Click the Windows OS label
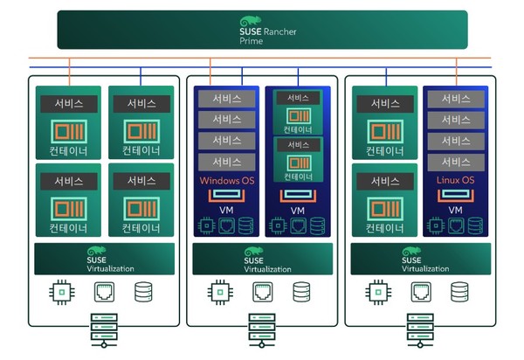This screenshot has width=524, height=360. point(225,181)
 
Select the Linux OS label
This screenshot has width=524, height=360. point(455,181)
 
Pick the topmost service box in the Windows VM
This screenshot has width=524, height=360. point(225,99)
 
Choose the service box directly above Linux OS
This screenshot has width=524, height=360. point(455,162)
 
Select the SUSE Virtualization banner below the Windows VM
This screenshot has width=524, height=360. point(263,259)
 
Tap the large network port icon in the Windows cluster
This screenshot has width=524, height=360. point(262,293)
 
